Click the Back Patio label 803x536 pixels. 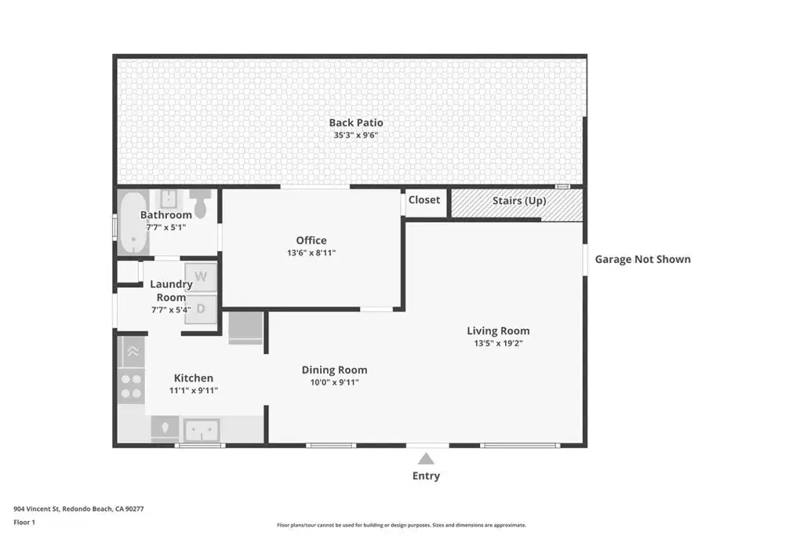point(356,122)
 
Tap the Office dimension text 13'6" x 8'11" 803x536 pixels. point(311,253)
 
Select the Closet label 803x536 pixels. point(424,200)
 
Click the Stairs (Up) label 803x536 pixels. point(519,200)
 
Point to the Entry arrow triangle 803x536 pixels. point(426,458)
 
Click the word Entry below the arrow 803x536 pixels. point(426,476)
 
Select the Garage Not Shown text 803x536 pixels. point(643,259)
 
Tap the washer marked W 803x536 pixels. point(201,277)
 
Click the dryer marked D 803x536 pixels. point(201,308)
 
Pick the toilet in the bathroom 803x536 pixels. point(200,202)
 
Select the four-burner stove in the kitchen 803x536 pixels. point(131,386)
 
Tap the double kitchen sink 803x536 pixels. point(202,430)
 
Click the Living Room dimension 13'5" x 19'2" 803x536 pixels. point(498,343)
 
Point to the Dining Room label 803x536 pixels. point(334,370)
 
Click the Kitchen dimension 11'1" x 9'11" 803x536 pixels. point(194,391)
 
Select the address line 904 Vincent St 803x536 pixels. point(78,509)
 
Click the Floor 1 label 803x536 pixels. point(24,522)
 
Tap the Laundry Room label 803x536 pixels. point(171,290)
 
